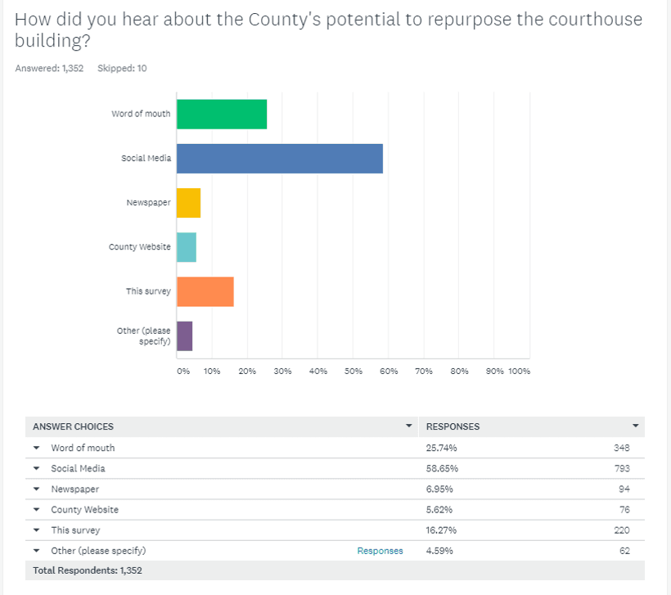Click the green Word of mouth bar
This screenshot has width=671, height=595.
[222, 114]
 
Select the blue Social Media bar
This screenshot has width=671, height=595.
[280, 158]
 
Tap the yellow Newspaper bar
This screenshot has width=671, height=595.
[188, 202]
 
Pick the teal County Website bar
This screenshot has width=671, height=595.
[187, 246]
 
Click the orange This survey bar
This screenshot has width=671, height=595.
[205, 291]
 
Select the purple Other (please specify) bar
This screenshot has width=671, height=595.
[185, 336]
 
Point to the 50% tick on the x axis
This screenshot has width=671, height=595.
[353, 371]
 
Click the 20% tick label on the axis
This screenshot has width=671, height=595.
[247, 371]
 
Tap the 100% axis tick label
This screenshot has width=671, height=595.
[520, 371]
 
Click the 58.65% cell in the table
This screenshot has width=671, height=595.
[443, 468]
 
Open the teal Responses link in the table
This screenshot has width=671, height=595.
[380, 551]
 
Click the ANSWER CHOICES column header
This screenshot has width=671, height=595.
[73, 426]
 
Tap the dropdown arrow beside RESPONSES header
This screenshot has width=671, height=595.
[635, 426]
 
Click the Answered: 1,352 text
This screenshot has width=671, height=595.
[49, 68]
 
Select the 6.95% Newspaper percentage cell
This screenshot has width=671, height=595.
[440, 489]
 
